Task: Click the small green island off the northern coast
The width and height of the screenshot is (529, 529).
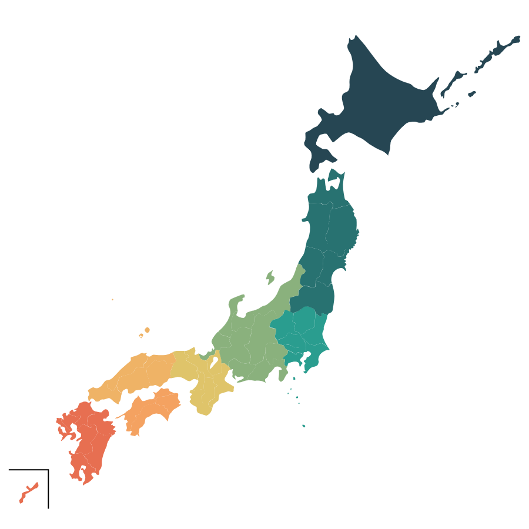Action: (270, 276)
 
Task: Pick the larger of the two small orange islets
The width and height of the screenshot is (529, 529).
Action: (147, 330)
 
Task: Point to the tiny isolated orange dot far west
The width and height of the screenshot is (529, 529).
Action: (112, 300)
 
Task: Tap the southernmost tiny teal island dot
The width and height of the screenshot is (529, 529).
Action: (304, 426)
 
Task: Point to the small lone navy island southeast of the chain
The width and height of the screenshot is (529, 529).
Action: (472, 93)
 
